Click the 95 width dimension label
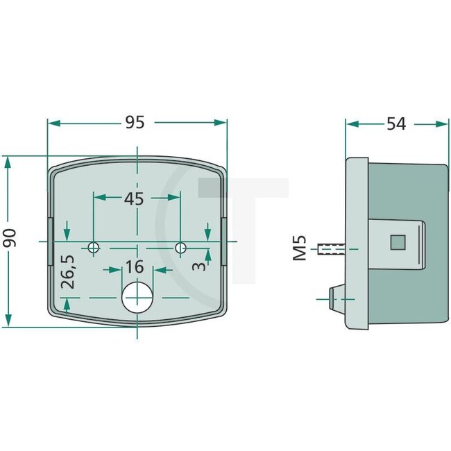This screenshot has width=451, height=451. click(135, 122)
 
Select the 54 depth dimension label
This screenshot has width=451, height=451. click(395, 124)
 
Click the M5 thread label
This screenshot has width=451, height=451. click(300, 248)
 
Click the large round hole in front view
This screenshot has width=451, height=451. click(137, 297)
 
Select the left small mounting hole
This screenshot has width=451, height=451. click(94, 247)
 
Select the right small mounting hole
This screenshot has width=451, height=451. click(180, 247)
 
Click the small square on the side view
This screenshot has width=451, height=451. click(398, 241)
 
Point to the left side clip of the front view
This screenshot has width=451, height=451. click(50, 240)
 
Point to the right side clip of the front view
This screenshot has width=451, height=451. click(224, 240)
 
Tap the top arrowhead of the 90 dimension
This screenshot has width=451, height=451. click(8, 162)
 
